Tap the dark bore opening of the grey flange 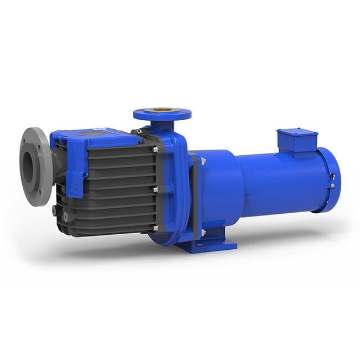(x=28, y=167)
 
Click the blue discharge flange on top (x=162, y=115)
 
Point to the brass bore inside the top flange (x=162, y=112)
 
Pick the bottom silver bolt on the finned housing (x=156, y=228)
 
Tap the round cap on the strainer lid (x=89, y=133)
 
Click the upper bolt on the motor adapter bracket (x=203, y=161)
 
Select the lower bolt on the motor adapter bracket (x=203, y=233)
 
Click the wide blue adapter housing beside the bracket (x=220, y=188)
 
